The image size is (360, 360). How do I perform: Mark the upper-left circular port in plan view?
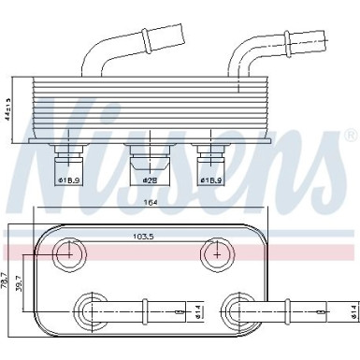click(x=69, y=252)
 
